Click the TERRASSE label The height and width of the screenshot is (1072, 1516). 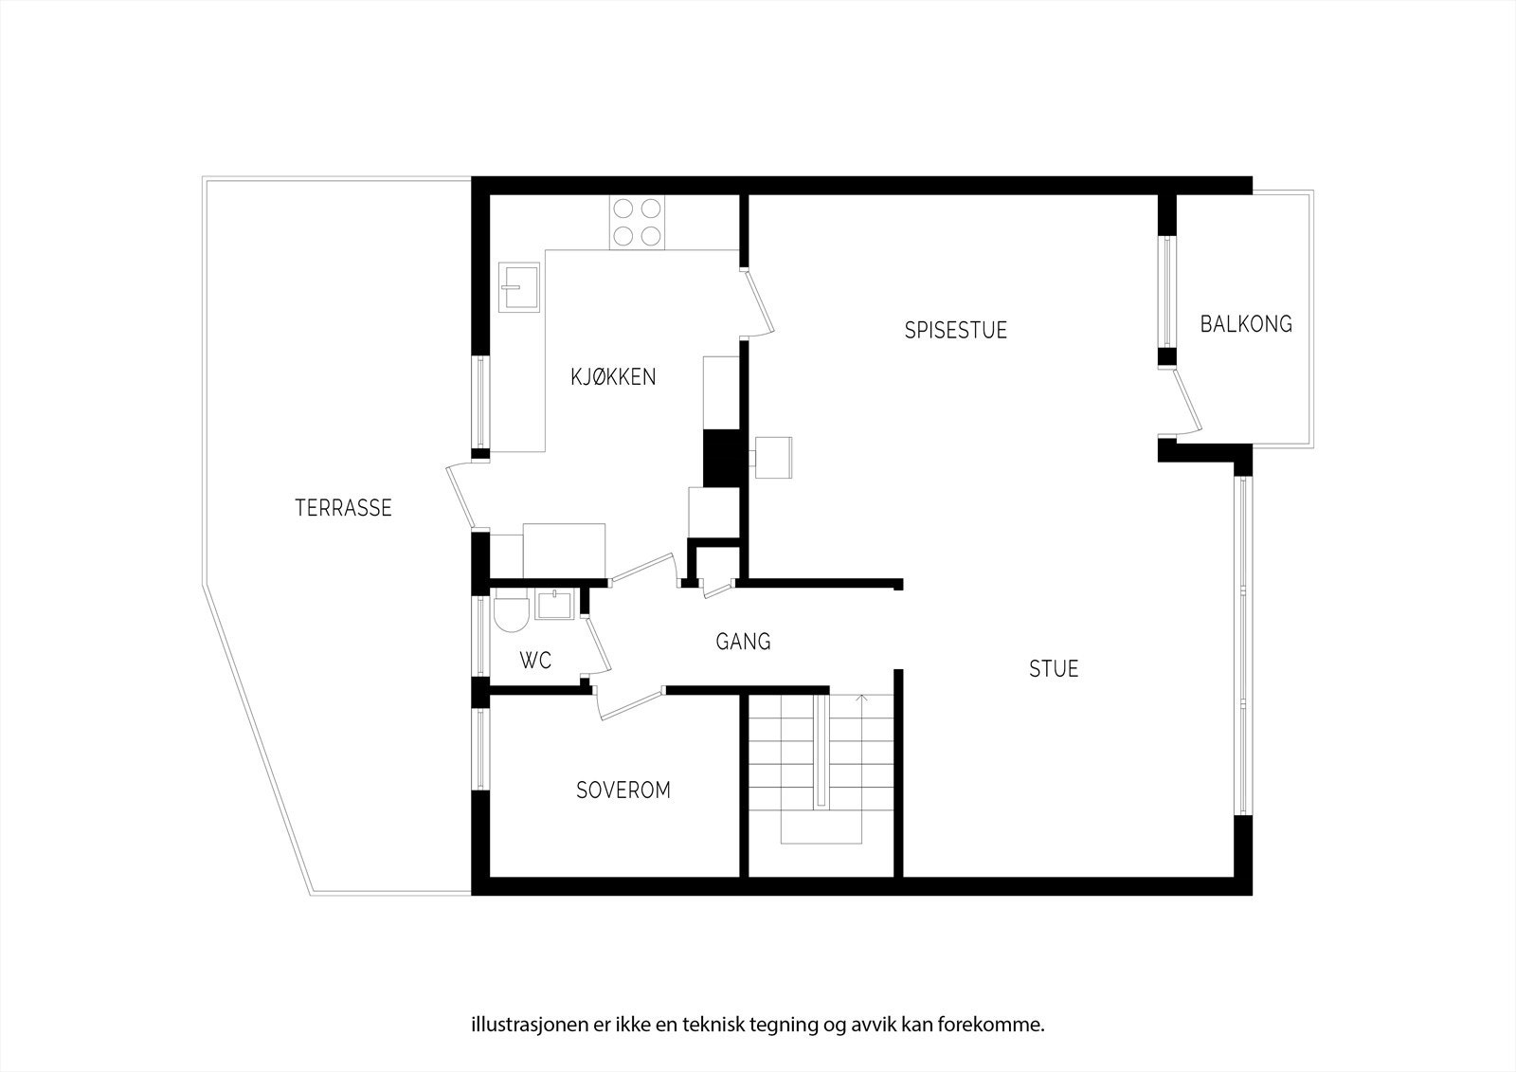pyautogui.click(x=343, y=508)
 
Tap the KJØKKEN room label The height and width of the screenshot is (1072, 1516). pyautogui.click(x=612, y=376)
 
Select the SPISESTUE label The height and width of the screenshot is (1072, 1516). pyautogui.click(x=955, y=330)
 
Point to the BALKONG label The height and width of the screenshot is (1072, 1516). pyautogui.click(x=1245, y=324)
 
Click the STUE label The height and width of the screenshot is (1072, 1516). pyautogui.click(x=1054, y=669)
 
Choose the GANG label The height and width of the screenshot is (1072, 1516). pyautogui.click(x=743, y=642)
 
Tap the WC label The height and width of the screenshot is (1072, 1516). pyautogui.click(x=535, y=661)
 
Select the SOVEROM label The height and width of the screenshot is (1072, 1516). pyautogui.click(x=623, y=790)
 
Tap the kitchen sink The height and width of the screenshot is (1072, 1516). pyautogui.click(x=520, y=287)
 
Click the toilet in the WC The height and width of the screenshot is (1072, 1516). pyautogui.click(x=510, y=612)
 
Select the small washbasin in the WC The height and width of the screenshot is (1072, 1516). pyautogui.click(x=553, y=603)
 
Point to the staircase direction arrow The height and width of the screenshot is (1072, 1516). pyautogui.click(x=861, y=700)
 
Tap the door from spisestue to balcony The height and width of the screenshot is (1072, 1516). pyautogui.click(x=1186, y=402)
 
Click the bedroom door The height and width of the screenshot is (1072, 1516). pyautogui.click(x=629, y=706)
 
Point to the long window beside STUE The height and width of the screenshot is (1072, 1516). pyautogui.click(x=1242, y=645)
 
